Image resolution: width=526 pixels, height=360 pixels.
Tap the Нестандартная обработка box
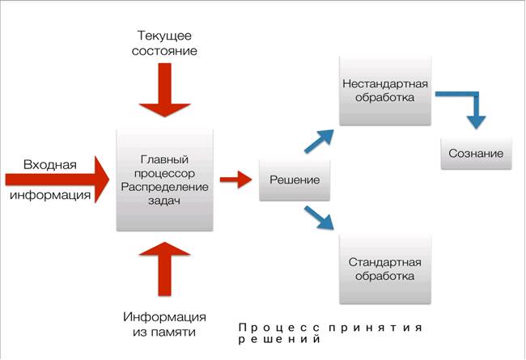click(384, 91)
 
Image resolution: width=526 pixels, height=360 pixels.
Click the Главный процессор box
click(164, 179)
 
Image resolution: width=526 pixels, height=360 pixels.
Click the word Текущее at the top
click(164, 34)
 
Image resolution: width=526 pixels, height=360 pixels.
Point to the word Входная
click(49, 165)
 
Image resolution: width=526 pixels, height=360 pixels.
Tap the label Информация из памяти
click(164, 324)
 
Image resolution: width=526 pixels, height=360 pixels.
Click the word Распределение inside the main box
click(164, 186)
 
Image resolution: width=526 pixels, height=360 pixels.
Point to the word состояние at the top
click(164, 51)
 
